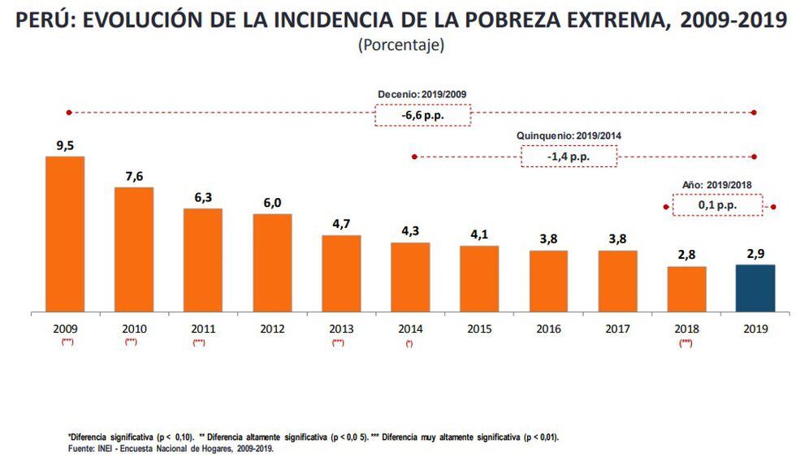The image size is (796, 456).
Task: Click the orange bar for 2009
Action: [x=64, y=234]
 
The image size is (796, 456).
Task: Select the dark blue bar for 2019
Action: [x=755, y=288]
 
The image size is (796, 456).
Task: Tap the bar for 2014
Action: [x=410, y=277]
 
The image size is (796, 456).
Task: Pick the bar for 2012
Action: [x=272, y=263]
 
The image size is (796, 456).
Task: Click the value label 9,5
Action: [x=64, y=146]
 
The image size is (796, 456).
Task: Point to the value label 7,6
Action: [x=133, y=177]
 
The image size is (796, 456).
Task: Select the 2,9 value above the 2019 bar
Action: [x=755, y=254]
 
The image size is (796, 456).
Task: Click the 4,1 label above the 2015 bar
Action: [x=479, y=235]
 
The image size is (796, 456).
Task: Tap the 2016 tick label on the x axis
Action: [x=548, y=329]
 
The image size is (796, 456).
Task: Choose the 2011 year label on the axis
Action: [x=202, y=329]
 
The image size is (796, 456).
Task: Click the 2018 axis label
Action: [x=686, y=329]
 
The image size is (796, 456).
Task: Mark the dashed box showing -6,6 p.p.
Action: [x=422, y=115]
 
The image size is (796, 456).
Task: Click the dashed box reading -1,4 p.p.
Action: [x=569, y=156]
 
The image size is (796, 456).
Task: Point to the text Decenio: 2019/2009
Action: [x=422, y=94]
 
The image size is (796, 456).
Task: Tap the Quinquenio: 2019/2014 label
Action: [x=569, y=136]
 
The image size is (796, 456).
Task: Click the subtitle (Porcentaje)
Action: [x=400, y=45]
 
